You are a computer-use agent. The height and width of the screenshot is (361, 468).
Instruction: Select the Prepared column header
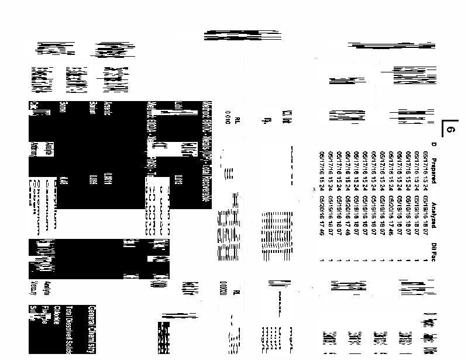coord(433,158)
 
